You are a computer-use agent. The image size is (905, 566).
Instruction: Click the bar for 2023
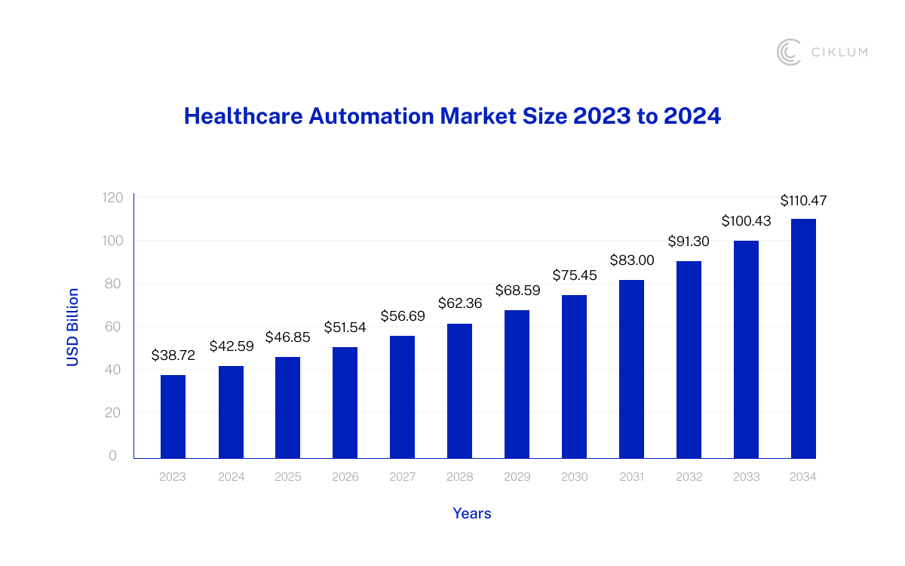tap(173, 417)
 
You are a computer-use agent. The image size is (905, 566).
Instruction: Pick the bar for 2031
tap(631, 369)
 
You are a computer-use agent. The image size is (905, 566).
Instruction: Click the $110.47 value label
tap(803, 201)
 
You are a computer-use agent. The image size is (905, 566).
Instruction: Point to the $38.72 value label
tap(173, 355)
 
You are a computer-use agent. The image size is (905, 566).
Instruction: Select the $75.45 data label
tap(574, 275)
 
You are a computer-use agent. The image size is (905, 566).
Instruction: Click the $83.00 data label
tap(631, 260)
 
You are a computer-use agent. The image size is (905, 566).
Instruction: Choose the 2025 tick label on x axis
tap(287, 477)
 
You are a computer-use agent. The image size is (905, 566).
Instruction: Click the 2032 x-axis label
tap(689, 477)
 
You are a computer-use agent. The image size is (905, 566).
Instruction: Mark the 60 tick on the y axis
tap(115, 327)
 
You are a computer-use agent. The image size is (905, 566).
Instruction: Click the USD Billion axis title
tap(72, 327)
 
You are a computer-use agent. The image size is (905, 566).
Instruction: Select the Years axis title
tap(471, 513)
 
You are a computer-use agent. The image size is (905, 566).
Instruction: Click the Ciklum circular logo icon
tap(789, 52)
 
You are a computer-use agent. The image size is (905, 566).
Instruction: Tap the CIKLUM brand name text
tap(839, 52)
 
